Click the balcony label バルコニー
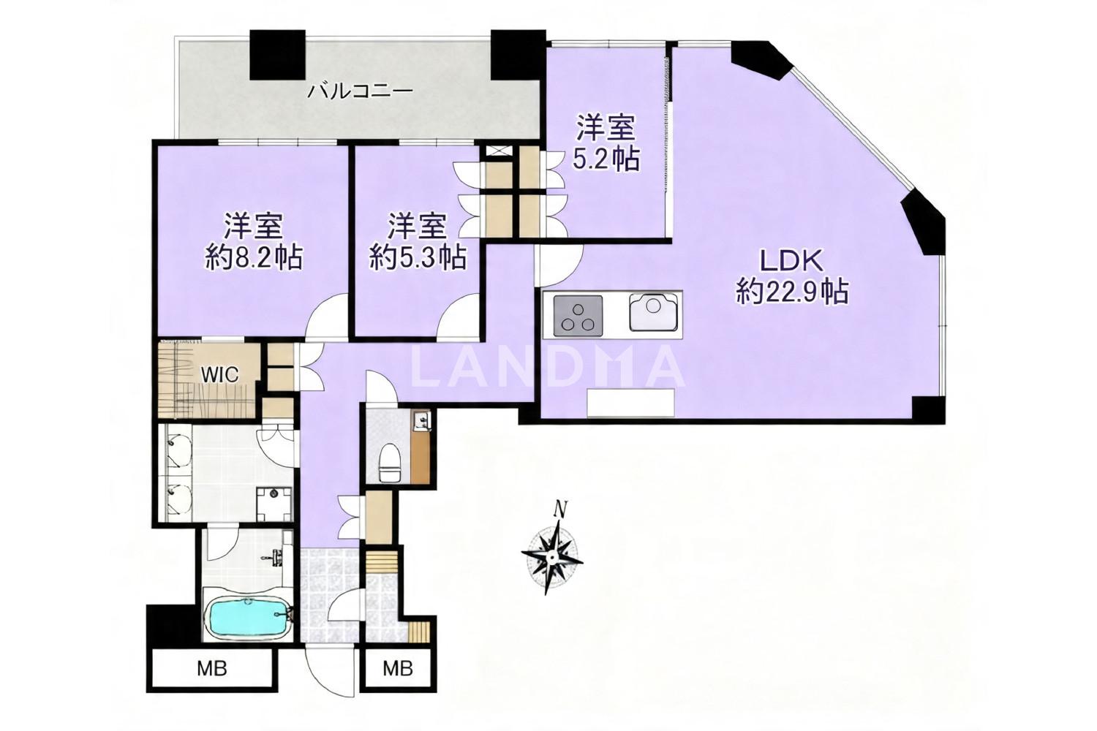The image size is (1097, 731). click(x=360, y=91)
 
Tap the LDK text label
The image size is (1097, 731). click(x=791, y=262)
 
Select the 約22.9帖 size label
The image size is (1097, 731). click(x=792, y=292)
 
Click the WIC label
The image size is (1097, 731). click(x=220, y=374)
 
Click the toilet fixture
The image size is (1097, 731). click(x=391, y=463)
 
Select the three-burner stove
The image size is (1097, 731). click(x=578, y=316)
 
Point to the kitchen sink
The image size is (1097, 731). click(x=653, y=312)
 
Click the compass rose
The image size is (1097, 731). click(x=552, y=558)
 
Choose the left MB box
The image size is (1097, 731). click(x=211, y=669)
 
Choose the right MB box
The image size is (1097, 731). click(x=398, y=669)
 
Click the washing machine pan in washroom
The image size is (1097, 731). click(x=274, y=504)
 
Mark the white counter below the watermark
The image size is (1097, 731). click(x=630, y=403)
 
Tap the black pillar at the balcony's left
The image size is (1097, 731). click(x=278, y=55)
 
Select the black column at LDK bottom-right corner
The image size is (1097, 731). click(x=929, y=409)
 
